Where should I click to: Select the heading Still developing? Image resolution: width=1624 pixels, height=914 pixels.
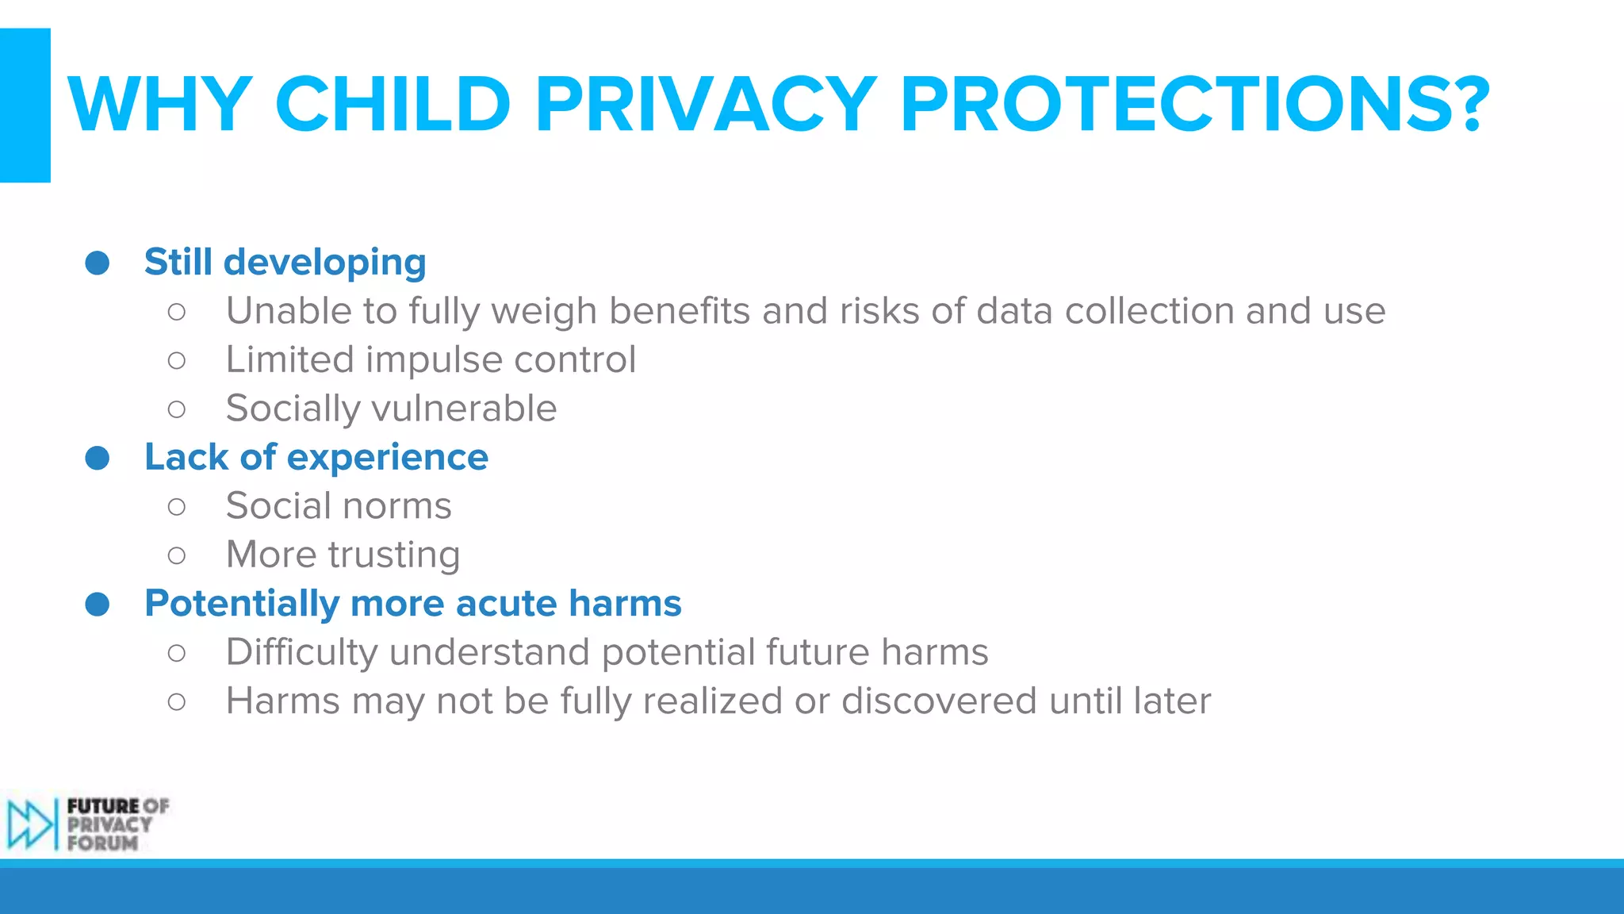[285, 262]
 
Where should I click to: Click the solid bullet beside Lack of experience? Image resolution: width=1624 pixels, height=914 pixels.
[98, 458]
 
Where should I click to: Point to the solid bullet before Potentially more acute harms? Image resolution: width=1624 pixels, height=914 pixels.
[98, 605]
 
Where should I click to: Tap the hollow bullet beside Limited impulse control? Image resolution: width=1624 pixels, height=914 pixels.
[177, 360]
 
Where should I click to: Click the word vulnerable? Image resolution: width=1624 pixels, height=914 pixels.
[464, 409]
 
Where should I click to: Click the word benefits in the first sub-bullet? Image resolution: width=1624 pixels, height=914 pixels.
[679, 311]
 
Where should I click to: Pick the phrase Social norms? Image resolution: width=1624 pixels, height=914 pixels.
[339, 506]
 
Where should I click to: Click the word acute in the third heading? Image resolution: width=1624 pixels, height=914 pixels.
[507, 604]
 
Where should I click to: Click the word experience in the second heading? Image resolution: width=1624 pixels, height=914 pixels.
[387, 458]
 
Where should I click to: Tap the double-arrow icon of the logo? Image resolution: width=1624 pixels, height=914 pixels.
[29, 824]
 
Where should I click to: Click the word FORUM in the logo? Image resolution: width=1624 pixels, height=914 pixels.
[102, 843]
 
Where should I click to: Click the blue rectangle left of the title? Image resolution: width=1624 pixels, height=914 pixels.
[25, 105]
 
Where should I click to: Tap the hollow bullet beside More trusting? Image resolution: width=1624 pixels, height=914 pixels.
[177, 555]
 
